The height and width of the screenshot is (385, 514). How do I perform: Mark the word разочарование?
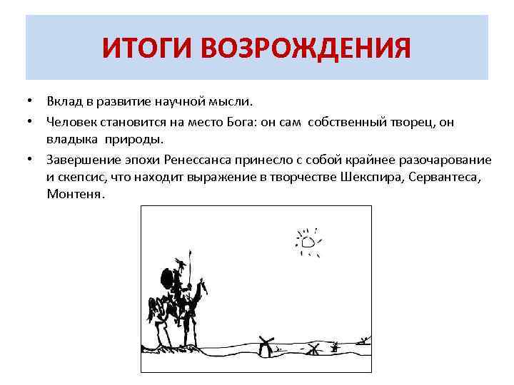(444, 158)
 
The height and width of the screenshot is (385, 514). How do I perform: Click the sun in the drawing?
(308, 242)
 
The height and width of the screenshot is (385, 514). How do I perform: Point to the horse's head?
(203, 288)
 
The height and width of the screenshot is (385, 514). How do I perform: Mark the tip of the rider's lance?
(189, 250)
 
